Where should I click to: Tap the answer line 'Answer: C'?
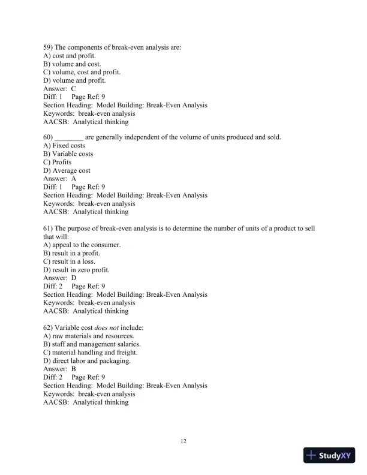pos(59,89)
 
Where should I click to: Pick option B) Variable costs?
pos(68,154)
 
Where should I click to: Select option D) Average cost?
pos(67,170)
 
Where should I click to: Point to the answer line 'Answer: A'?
pos(59,179)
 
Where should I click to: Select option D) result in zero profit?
pos(76,270)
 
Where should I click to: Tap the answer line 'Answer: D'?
pos(59,278)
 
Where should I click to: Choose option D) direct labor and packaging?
pos(87,361)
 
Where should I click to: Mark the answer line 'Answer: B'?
pos(59,369)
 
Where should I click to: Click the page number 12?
pos(183,442)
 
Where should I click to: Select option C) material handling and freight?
pos(87,353)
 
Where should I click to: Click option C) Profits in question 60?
pos(57,163)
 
